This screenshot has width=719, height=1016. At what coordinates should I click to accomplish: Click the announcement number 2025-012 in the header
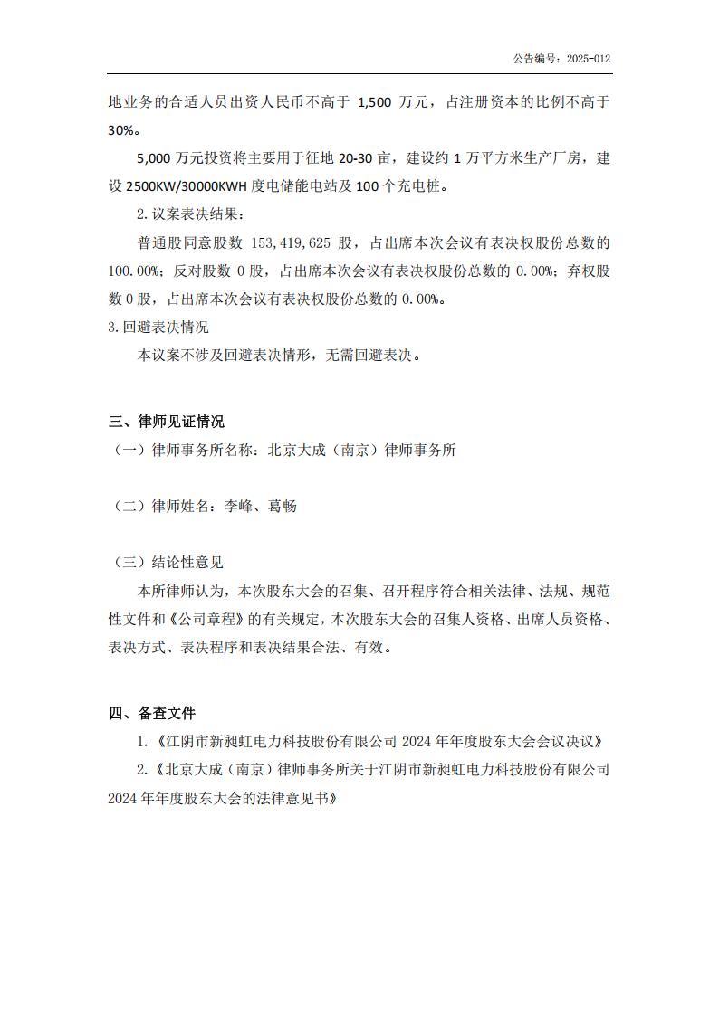click(x=589, y=59)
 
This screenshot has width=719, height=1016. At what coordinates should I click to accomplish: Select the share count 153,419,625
click(x=292, y=243)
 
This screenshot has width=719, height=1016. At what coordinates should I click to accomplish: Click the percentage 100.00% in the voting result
click(x=133, y=271)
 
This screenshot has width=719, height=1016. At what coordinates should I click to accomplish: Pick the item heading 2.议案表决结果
click(x=189, y=214)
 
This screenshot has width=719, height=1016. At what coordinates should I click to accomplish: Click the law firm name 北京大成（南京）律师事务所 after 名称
click(x=361, y=450)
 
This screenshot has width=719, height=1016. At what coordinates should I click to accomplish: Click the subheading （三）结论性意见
click(x=168, y=562)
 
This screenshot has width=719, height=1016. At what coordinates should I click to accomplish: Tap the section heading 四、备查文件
click(x=151, y=714)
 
